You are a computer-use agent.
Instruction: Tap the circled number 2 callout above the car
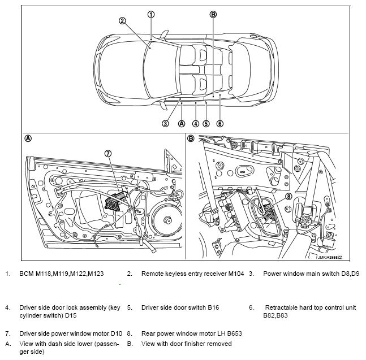[x=122, y=21]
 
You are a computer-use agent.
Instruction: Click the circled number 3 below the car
[x=165, y=124]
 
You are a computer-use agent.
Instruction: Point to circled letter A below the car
[x=182, y=124]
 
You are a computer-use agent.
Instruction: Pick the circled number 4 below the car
[x=195, y=124]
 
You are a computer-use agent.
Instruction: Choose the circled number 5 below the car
[x=206, y=124]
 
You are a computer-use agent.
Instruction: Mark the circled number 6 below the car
[x=219, y=124]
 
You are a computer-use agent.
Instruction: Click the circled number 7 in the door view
[x=108, y=153]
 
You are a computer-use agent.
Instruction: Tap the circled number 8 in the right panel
[x=289, y=197]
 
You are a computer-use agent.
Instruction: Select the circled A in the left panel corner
[x=28, y=138]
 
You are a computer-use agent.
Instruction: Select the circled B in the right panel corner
[x=191, y=138]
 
